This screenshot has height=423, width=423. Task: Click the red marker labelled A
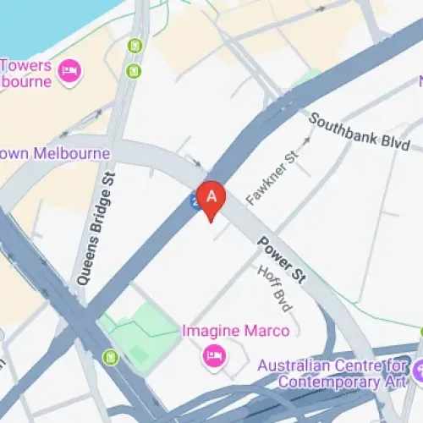(211, 199)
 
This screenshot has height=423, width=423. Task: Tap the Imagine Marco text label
(236, 330)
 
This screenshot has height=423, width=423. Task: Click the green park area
(139, 326)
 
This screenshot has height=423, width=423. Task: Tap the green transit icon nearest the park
(110, 357)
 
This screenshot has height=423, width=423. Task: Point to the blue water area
(42, 21)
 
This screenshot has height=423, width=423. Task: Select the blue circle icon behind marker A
(195, 202)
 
